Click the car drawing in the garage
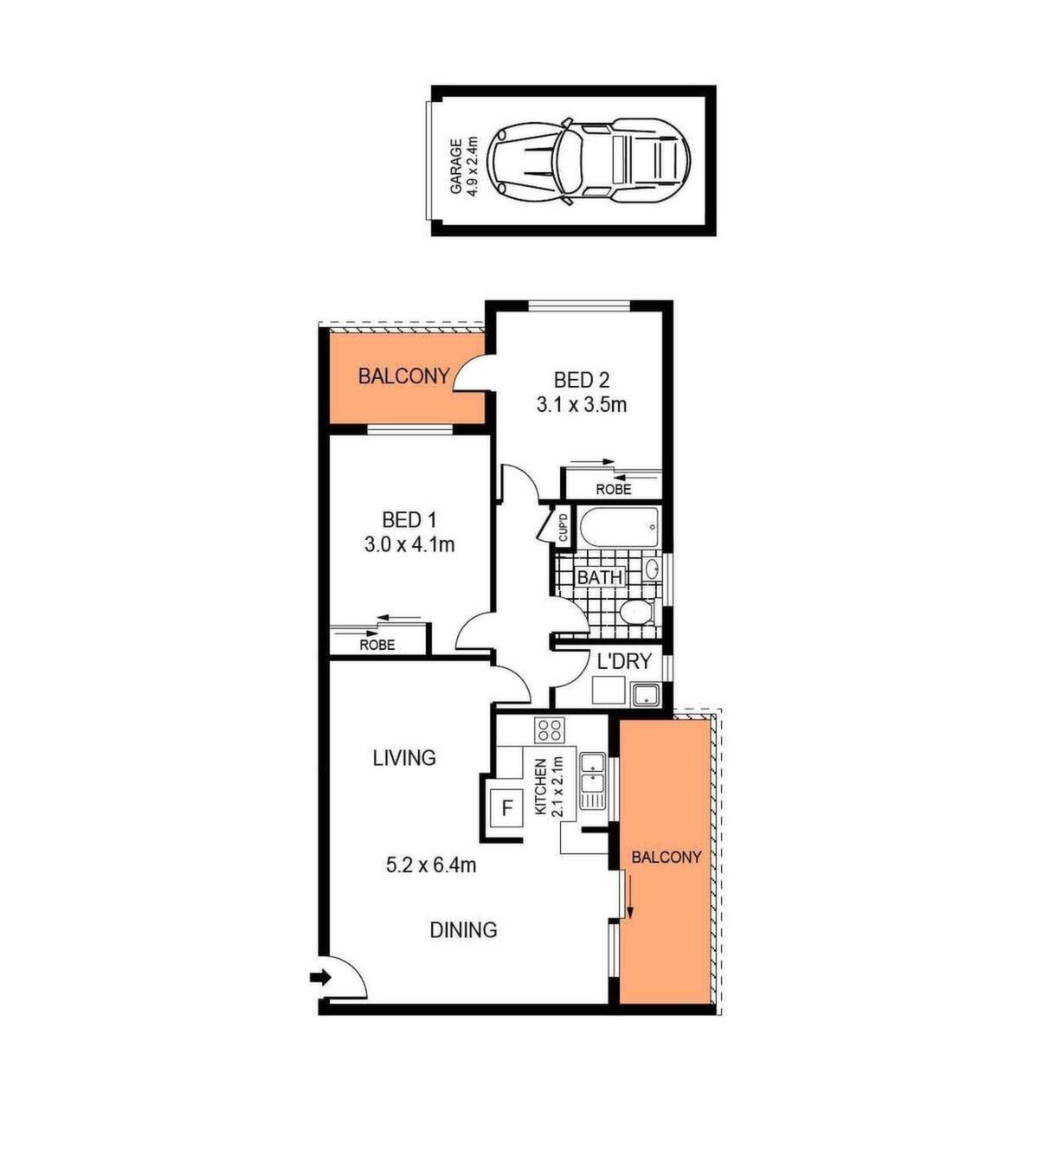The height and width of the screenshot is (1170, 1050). [x=589, y=161]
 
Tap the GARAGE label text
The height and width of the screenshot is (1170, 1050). [x=456, y=166]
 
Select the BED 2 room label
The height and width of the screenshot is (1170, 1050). [x=581, y=380]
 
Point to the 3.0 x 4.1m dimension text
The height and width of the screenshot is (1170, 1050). [x=409, y=544]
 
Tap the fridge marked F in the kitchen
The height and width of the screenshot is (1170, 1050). [x=507, y=808]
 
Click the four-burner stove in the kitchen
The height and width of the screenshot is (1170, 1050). [x=550, y=730]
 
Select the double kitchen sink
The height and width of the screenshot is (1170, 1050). [x=592, y=781]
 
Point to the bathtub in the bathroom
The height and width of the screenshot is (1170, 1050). [x=620, y=527]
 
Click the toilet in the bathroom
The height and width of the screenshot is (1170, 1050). [x=636, y=612]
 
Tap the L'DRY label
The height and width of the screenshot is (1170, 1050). [x=624, y=660]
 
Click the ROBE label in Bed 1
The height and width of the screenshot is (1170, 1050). [x=377, y=645]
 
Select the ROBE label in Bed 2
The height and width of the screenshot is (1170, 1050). [x=614, y=490]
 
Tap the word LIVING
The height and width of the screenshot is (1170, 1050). [x=404, y=758]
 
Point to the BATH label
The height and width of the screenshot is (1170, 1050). [x=600, y=576]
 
